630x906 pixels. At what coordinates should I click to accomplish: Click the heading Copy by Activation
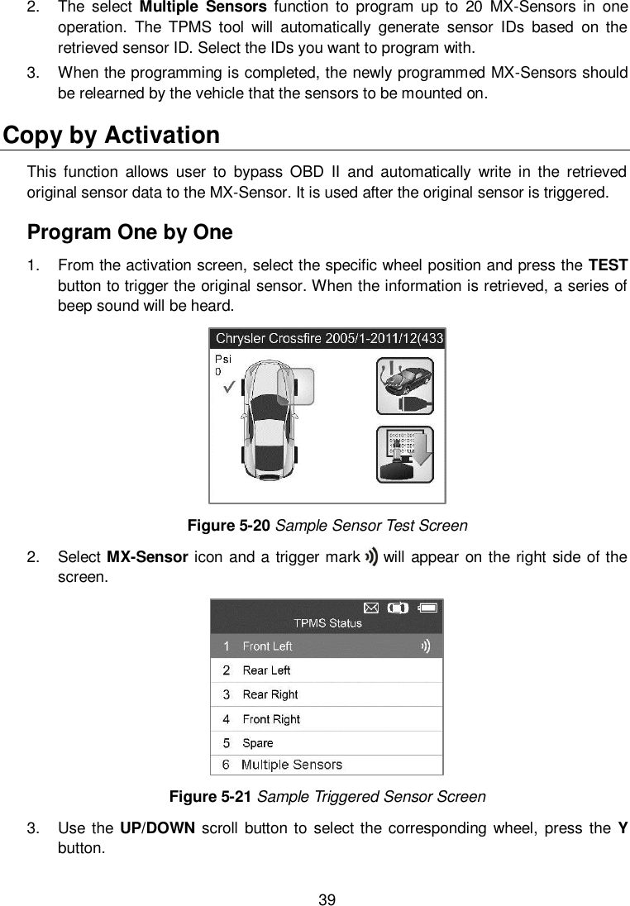pos(112,135)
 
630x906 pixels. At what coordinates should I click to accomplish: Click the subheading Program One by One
pos(130,231)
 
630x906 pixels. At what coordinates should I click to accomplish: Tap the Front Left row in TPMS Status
pos(327,646)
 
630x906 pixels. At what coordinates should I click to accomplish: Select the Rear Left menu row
pos(327,670)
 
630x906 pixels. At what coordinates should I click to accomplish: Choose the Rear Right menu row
pos(327,694)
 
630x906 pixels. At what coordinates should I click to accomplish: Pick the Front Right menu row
pos(327,719)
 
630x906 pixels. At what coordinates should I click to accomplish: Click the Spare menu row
pos(327,743)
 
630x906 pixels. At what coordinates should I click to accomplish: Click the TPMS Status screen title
pos(327,623)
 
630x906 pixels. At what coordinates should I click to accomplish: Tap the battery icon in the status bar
pos(430,608)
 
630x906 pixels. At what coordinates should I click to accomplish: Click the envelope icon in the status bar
pos(371,608)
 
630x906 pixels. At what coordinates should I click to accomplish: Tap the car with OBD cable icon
pos(404,385)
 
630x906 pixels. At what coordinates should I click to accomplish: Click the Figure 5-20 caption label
pos(221,526)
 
